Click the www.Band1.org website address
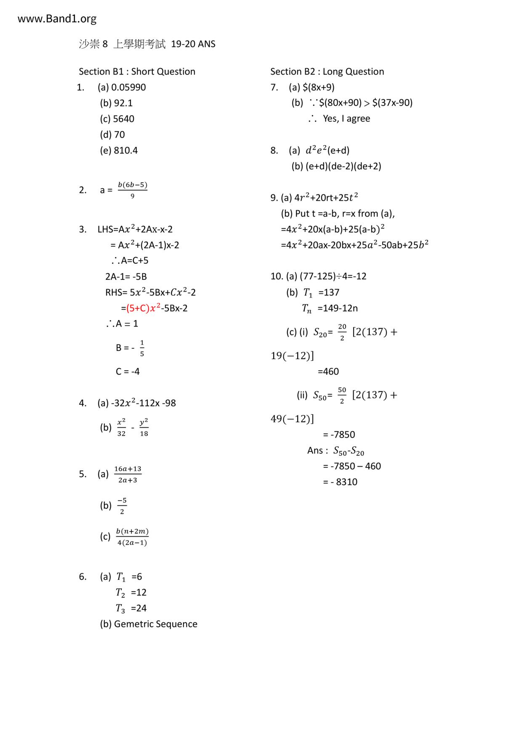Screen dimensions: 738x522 point(57,19)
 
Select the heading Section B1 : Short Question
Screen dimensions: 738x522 point(137,72)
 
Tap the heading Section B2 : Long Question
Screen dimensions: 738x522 point(327,72)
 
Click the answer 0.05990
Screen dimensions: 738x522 point(128,88)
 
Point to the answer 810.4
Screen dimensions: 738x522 point(125,151)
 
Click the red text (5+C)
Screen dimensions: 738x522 point(138,308)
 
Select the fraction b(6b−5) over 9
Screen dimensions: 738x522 point(132,190)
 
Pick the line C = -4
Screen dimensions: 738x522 point(128,372)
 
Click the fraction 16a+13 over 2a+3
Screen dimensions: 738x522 point(128,474)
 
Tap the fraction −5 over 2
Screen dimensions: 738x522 point(122,506)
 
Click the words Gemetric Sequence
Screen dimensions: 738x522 point(155,624)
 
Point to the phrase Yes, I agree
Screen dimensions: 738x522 point(346,119)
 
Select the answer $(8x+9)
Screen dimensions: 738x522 point(318,88)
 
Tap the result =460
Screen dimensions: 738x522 point(328,372)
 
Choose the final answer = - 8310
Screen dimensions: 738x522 point(340,482)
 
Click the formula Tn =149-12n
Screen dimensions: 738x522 point(330,308)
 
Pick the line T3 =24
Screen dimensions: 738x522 point(131,608)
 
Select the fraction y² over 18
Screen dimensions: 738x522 point(144,427)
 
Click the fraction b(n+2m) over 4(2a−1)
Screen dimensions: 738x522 point(132,537)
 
